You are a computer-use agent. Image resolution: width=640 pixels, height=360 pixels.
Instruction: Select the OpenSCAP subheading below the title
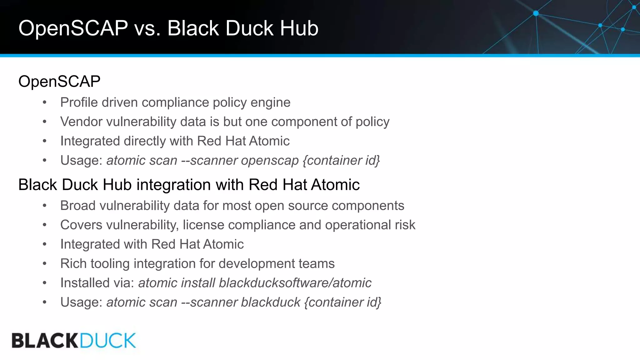click(59, 82)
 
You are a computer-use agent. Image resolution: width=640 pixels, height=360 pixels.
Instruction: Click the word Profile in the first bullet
click(79, 102)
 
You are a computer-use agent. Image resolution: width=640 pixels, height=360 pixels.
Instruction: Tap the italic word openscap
click(270, 161)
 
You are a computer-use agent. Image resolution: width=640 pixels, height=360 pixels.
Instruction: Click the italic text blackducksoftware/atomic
click(295, 283)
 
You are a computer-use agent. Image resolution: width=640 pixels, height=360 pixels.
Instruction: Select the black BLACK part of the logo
click(45, 341)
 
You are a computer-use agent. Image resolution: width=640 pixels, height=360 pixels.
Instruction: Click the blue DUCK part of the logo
click(108, 341)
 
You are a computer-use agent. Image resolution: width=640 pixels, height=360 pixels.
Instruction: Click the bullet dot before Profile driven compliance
click(45, 103)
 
